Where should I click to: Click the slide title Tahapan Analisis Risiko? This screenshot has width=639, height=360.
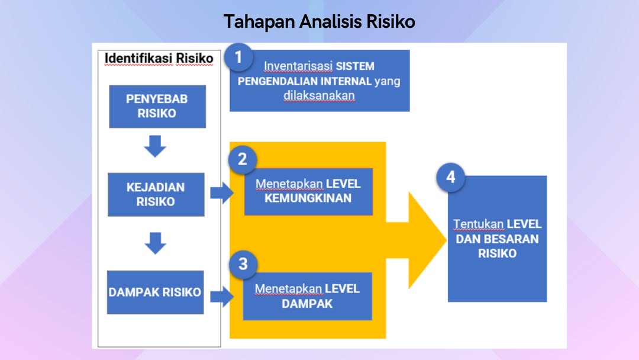[319, 21]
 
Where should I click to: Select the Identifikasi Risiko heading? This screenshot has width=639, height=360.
[159, 58]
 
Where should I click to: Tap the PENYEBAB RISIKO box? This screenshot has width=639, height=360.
[157, 107]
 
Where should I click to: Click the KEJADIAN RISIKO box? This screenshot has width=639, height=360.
[156, 194]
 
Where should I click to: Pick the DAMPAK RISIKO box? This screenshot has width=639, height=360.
[155, 292]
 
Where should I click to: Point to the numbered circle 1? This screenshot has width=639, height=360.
[238, 57]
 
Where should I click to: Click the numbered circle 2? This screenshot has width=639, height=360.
[243, 159]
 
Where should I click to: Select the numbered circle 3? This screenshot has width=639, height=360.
[243, 264]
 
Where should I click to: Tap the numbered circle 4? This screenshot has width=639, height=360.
[451, 178]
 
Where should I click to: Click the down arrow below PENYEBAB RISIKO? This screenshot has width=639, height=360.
[155, 146]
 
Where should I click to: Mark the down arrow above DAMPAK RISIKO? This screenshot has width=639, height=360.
[155, 243]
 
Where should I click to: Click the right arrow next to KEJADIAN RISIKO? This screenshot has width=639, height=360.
[222, 193]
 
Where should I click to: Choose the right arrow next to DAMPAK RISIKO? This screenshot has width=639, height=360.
[222, 297]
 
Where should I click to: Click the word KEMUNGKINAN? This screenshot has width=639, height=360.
[308, 198]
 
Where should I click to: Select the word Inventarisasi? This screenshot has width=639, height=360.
[298, 66]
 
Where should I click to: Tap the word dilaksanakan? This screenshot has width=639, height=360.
[319, 95]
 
